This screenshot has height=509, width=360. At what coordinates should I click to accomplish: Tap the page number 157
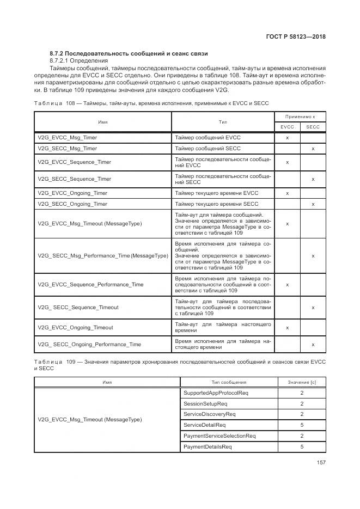(x=320, y=463)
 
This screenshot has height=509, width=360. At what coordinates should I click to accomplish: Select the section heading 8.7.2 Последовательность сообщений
(x=129, y=53)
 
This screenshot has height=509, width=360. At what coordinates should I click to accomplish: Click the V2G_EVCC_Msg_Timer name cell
(x=68, y=138)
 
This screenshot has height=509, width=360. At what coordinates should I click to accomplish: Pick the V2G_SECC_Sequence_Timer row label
(x=75, y=179)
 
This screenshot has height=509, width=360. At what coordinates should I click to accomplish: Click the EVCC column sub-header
(x=287, y=127)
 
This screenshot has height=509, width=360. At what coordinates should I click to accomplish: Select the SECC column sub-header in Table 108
(x=313, y=127)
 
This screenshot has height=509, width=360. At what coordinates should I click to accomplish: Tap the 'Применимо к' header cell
(x=300, y=116)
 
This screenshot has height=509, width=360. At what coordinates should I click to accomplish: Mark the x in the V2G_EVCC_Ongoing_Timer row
(x=287, y=193)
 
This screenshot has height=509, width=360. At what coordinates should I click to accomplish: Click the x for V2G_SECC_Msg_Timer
(x=313, y=149)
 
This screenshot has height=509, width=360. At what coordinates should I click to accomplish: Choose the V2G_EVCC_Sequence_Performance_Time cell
(x=91, y=284)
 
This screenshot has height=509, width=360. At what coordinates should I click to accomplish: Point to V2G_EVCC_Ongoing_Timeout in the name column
(x=76, y=327)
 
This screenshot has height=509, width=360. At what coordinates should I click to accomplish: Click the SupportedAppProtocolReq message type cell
(x=216, y=393)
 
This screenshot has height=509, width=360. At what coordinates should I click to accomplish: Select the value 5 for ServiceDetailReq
(x=302, y=425)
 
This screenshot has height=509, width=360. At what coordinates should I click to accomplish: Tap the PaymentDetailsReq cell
(x=208, y=447)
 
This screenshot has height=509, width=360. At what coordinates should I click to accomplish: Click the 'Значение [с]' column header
(x=302, y=382)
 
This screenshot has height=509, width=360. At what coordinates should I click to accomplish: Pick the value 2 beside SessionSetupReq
(x=302, y=403)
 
